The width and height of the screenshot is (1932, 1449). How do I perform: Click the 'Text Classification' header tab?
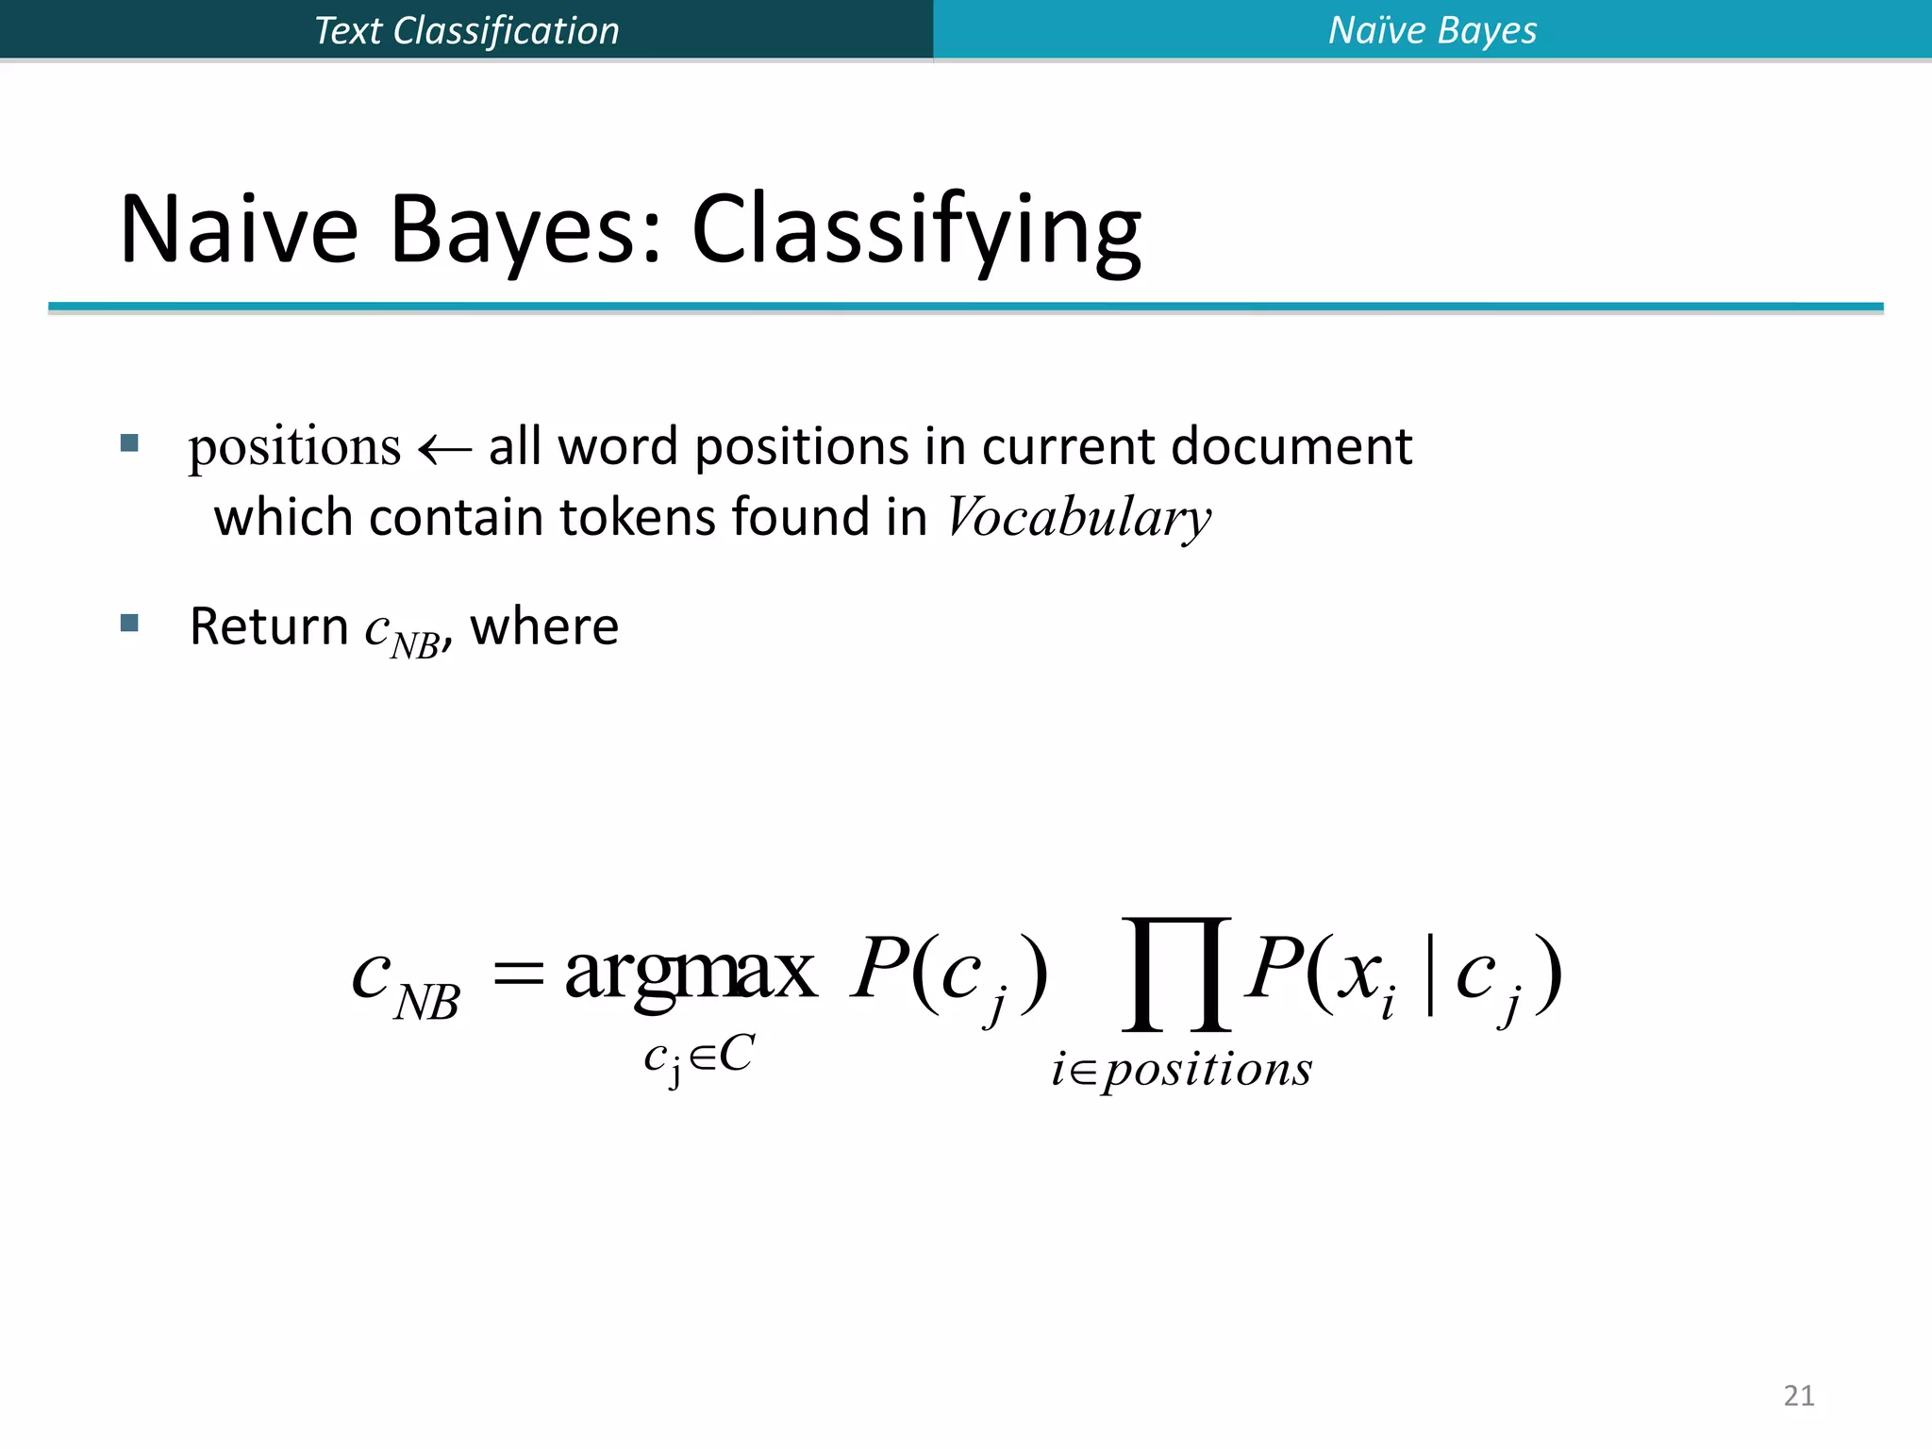pos(466,30)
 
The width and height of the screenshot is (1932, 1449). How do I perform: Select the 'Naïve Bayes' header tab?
pos(1432,30)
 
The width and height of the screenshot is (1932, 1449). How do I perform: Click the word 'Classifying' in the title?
pos(916,231)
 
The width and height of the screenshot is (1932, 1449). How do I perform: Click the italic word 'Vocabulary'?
pos(1078,518)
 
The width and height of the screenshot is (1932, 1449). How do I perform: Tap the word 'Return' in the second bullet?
pos(269,626)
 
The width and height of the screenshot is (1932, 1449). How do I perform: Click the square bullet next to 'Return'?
pos(130,623)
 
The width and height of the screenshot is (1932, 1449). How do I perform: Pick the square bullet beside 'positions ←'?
pos(130,442)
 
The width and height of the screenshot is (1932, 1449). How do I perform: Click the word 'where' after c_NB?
pos(544,626)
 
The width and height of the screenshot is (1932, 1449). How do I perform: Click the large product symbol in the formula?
pos(1176,974)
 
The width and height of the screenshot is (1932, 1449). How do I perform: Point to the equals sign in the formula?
pos(519,972)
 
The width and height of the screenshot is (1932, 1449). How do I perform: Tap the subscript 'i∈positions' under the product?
pos(1181,1070)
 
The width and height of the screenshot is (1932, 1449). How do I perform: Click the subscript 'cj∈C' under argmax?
pos(698,1057)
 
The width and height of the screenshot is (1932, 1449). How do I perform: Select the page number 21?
pos(1799,1395)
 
